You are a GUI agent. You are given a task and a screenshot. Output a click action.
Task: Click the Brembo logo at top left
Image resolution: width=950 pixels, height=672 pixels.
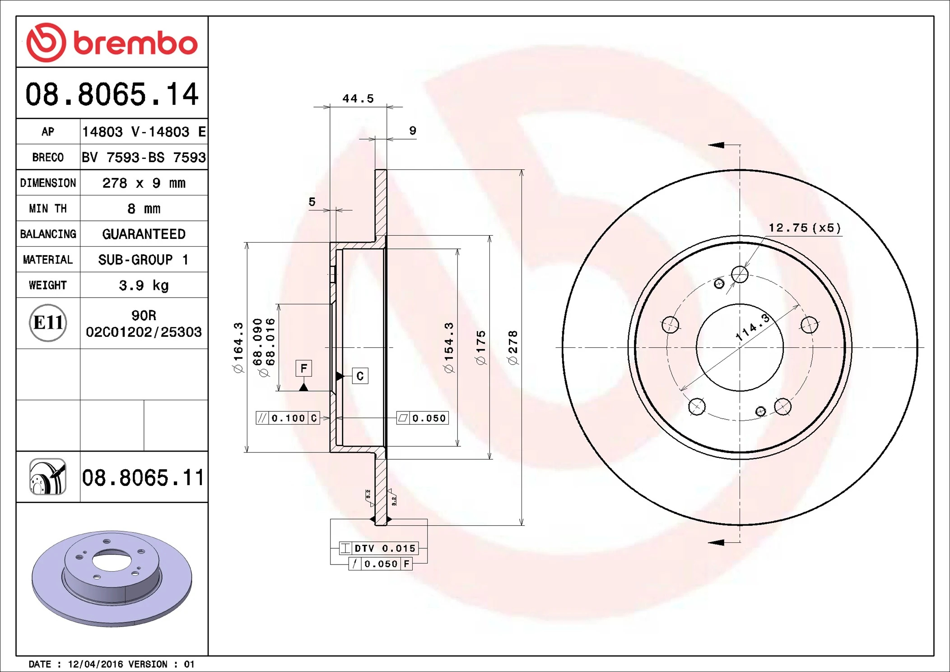click(112, 42)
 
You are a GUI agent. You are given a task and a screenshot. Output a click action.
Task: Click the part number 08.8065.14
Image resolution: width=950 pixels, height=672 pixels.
click(112, 94)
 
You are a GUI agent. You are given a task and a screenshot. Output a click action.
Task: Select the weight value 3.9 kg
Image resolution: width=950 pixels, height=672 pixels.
click(144, 285)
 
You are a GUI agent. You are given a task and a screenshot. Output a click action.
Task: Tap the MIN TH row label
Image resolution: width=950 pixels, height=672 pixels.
click(48, 209)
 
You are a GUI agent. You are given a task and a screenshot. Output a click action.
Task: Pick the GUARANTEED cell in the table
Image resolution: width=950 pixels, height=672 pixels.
click(144, 234)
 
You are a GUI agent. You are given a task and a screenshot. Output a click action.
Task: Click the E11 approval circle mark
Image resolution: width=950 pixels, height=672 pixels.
click(48, 322)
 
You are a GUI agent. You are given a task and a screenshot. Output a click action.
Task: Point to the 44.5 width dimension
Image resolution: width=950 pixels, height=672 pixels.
click(358, 98)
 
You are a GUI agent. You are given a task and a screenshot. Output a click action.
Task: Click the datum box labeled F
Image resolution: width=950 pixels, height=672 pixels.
click(304, 368)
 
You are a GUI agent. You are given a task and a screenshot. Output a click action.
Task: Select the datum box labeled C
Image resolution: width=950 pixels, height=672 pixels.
click(360, 376)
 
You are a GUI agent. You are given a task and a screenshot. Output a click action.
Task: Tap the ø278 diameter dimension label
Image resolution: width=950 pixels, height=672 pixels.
click(513, 348)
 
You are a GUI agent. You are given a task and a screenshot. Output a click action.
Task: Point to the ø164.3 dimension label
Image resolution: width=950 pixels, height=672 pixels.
click(238, 348)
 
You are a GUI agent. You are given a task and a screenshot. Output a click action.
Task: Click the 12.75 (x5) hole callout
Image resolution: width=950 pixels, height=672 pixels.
click(805, 228)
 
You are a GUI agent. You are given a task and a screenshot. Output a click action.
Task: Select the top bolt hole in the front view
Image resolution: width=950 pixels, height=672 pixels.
click(740, 274)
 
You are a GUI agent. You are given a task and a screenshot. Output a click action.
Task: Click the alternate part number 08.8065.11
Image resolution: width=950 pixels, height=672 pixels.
click(143, 478)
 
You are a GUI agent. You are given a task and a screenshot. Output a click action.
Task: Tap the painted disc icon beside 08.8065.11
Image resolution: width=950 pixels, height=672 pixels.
click(48, 477)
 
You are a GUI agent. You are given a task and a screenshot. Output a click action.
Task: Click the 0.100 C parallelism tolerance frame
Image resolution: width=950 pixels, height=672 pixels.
click(288, 418)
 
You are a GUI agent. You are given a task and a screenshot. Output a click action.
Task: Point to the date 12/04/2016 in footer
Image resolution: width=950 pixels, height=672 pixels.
click(95, 664)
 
